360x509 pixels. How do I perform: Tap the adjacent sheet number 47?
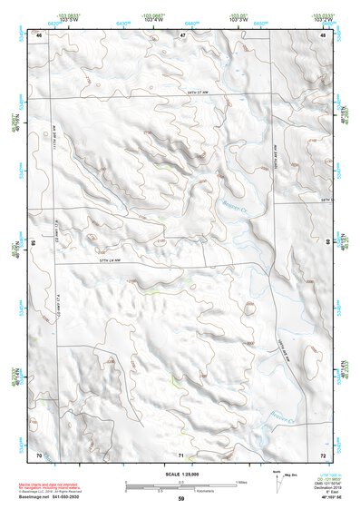(181, 34)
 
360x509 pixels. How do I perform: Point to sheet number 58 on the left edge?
(34, 243)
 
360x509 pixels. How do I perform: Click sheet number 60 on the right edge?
(328, 242)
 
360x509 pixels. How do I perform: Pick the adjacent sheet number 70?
(39, 453)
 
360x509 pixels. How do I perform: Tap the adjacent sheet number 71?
(181, 454)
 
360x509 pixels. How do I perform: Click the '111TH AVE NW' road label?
(54, 145)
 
